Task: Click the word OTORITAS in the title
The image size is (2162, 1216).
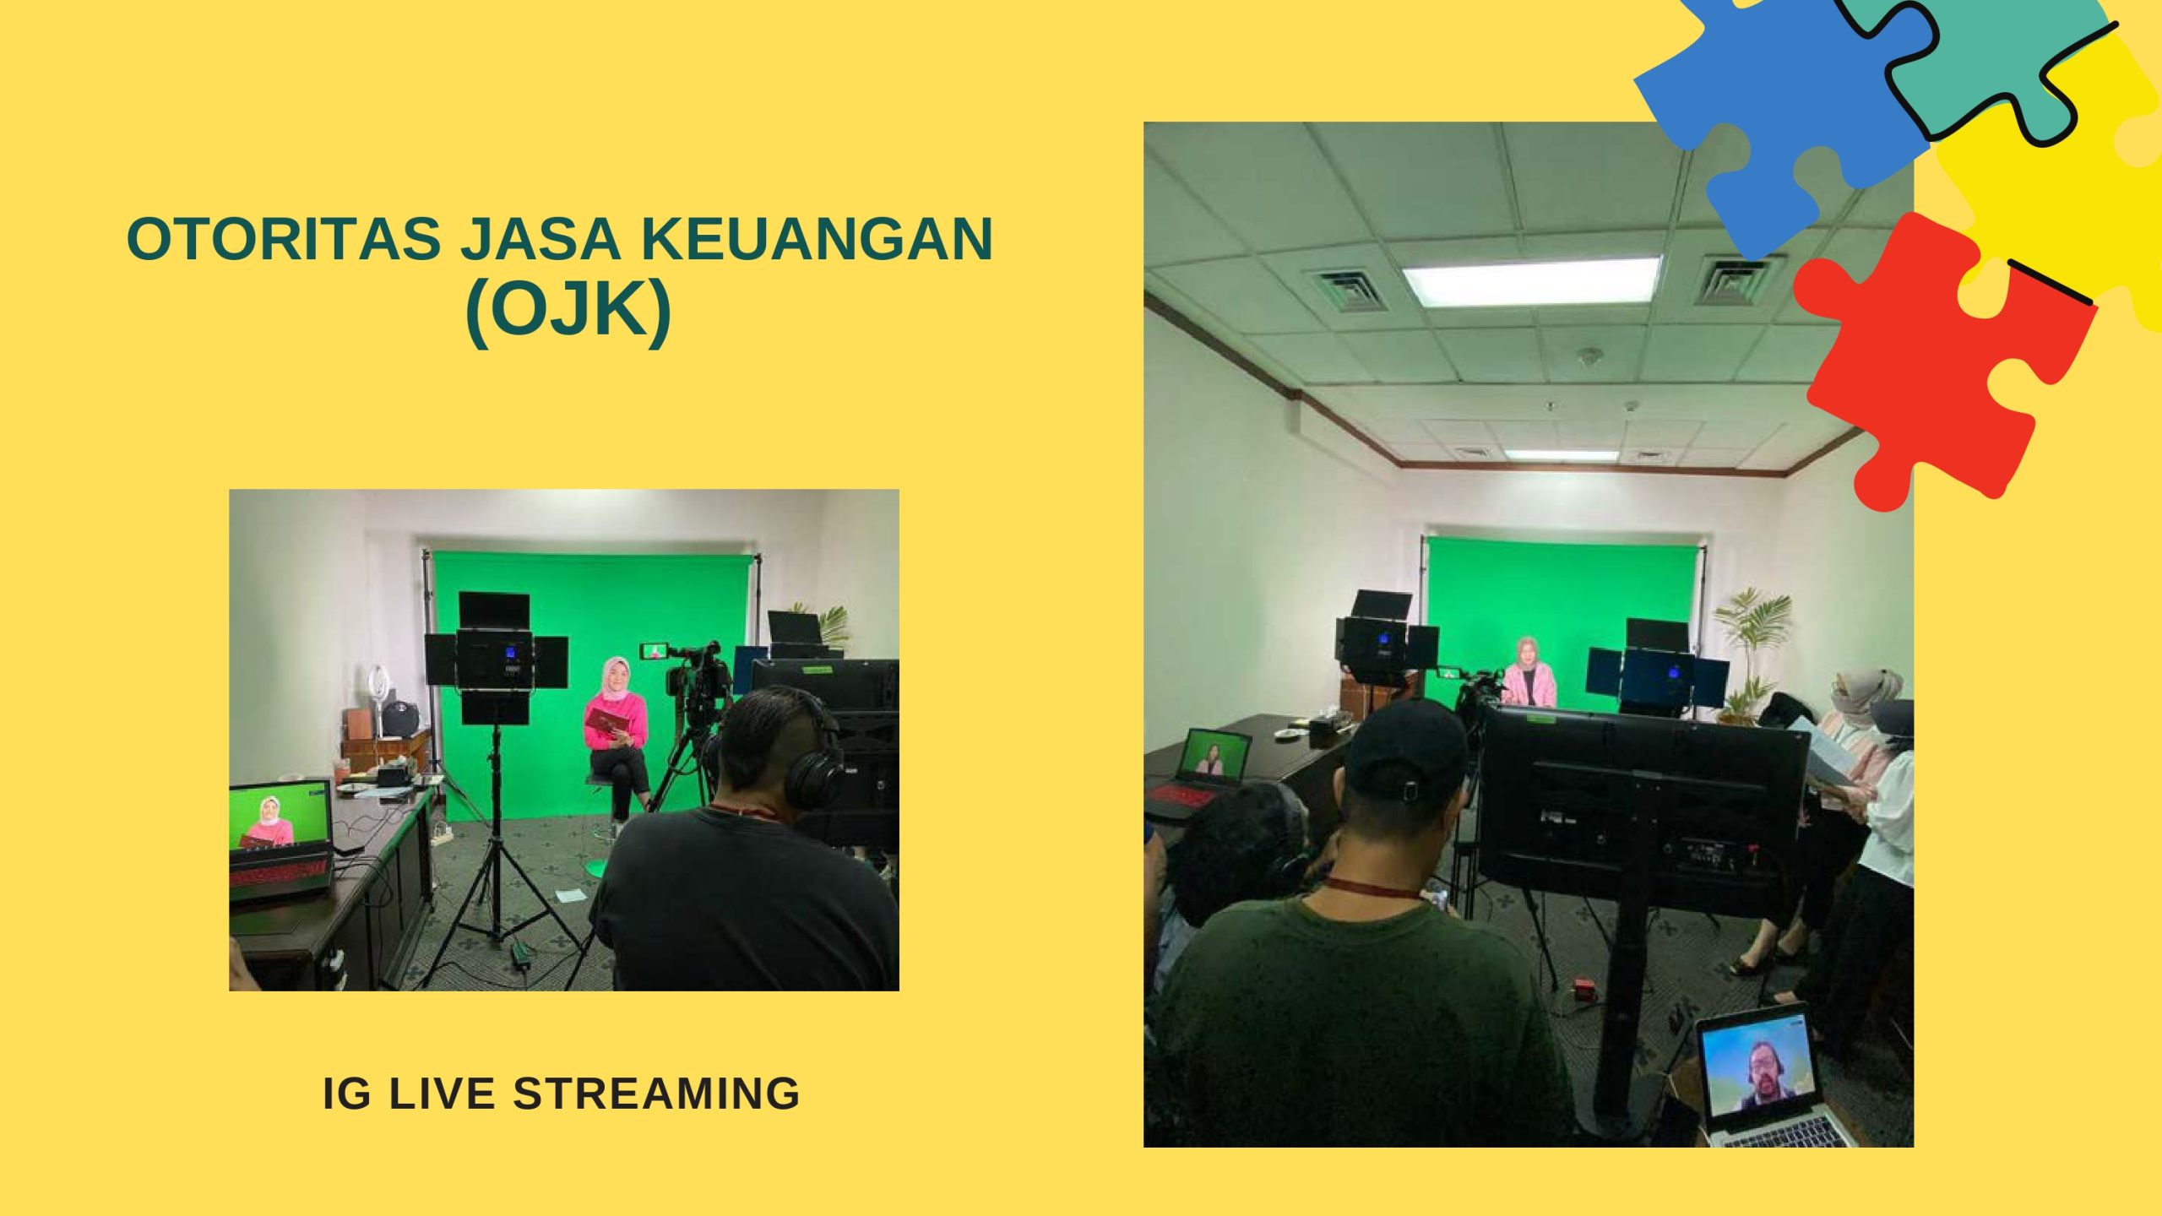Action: (284, 238)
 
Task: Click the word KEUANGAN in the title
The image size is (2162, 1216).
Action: (817, 238)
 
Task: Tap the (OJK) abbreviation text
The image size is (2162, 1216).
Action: (568, 310)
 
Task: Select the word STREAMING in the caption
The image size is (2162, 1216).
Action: (656, 1093)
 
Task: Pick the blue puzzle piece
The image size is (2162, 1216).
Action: (1782, 118)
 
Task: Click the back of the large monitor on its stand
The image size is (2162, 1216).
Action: (1643, 812)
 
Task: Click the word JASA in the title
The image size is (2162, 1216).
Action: (541, 238)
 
